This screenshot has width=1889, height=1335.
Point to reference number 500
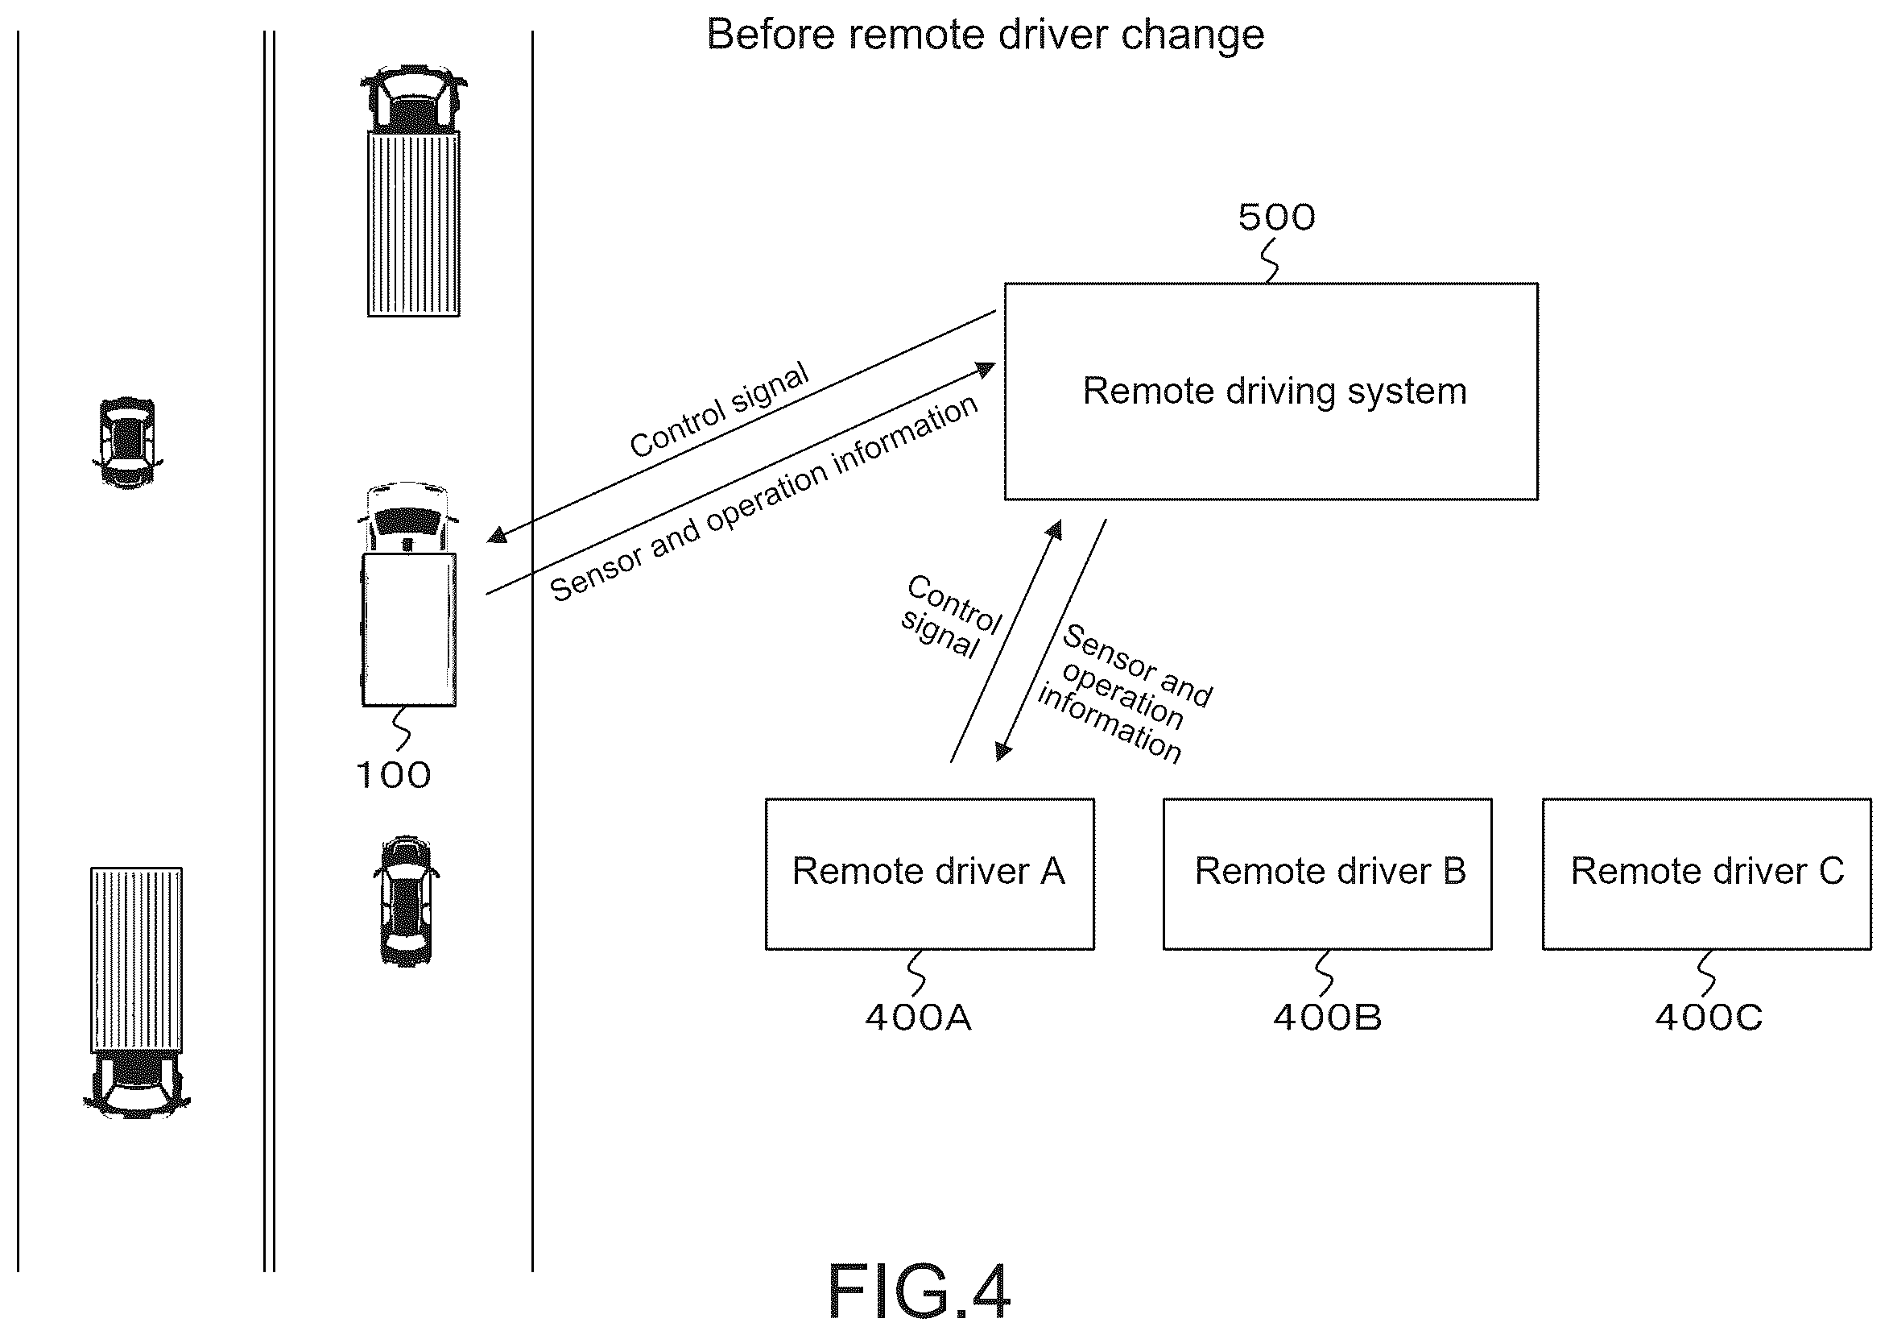(x=1276, y=218)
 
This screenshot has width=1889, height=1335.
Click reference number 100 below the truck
(x=393, y=775)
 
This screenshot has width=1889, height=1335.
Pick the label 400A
(x=918, y=1018)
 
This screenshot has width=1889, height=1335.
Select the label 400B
(x=1327, y=1018)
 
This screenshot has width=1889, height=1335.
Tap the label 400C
(x=1709, y=1018)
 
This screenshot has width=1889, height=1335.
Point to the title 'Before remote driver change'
(x=985, y=35)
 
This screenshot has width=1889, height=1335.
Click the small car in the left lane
(x=126, y=443)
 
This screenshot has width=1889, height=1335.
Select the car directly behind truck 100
(x=406, y=902)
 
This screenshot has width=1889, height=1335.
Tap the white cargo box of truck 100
(x=409, y=630)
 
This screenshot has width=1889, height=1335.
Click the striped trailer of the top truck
(x=413, y=223)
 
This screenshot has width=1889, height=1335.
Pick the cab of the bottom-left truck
(x=137, y=1084)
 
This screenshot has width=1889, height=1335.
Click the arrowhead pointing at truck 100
(x=497, y=534)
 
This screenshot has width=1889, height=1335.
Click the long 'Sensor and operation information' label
(x=763, y=499)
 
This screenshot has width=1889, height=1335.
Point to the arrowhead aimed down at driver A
(x=1003, y=752)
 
